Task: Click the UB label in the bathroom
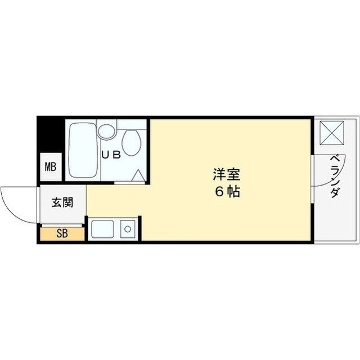coord(110,156)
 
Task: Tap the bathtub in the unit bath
coord(83,150)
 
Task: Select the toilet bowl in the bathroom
coord(132,143)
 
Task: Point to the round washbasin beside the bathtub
coord(105,132)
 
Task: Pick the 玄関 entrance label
coord(62,203)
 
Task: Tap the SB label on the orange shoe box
coord(62,233)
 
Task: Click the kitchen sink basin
coord(103,229)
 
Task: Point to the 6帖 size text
coord(227,191)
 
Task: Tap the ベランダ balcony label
coord(334,175)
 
